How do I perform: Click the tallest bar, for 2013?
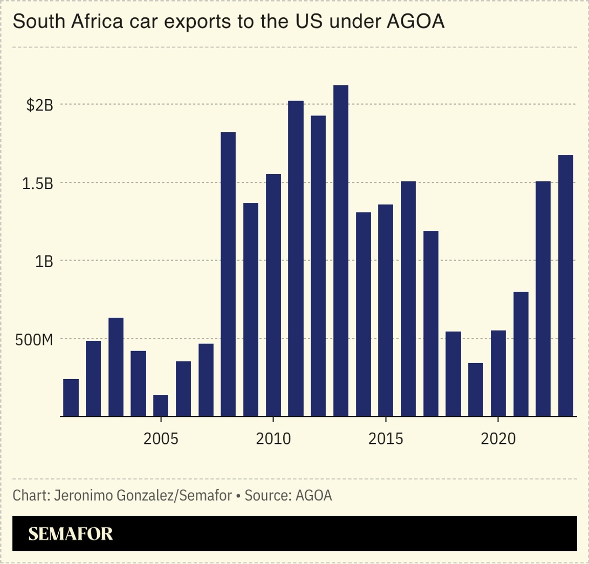click(341, 250)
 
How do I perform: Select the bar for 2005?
click(161, 406)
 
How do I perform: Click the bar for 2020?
click(498, 373)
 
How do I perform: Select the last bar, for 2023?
click(565, 286)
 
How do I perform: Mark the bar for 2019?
click(475, 390)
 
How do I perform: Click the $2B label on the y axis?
click(40, 105)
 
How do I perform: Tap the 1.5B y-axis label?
click(38, 183)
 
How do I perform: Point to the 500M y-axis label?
click(34, 340)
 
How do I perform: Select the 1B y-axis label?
click(44, 262)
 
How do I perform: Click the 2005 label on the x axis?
click(161, 438)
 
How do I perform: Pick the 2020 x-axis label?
click(498, 438)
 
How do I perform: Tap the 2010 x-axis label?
click(273, 438)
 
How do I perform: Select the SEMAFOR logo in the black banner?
click(71, 534)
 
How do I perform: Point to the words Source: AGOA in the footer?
click(288, 495)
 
